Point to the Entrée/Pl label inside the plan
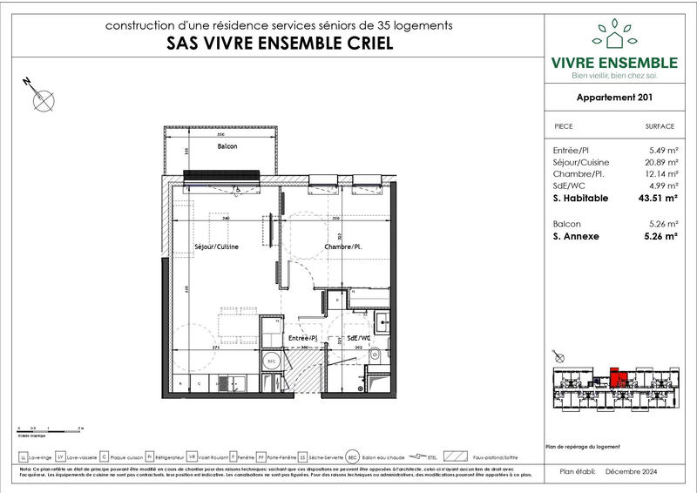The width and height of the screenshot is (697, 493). (x=301, y=337)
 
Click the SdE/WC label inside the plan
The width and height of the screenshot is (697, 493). (x=359, y=337)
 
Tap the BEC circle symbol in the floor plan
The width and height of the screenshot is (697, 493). (x=271, y=360)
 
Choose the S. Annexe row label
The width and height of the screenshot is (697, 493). (x=576, y=235)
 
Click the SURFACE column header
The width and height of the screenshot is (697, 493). (x=660, y=126)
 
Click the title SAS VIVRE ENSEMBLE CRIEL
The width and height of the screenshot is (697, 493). (x=279, y=44)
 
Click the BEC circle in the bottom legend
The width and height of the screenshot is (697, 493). (x=352, y=456)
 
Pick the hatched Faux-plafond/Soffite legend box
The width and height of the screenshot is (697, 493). (x=455, y=456)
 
